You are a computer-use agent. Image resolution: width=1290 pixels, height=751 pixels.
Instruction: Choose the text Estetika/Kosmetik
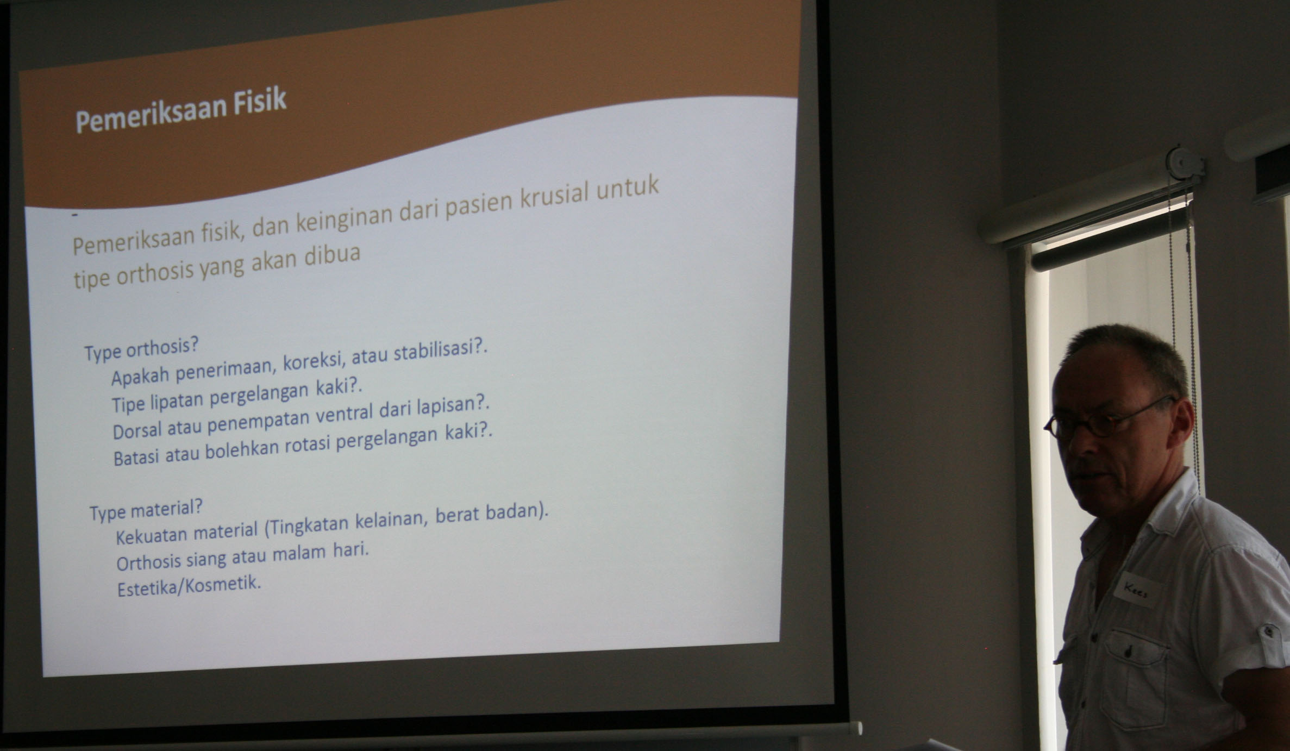click(189, 586)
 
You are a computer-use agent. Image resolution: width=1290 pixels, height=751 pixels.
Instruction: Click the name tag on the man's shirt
click(1137, 590)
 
